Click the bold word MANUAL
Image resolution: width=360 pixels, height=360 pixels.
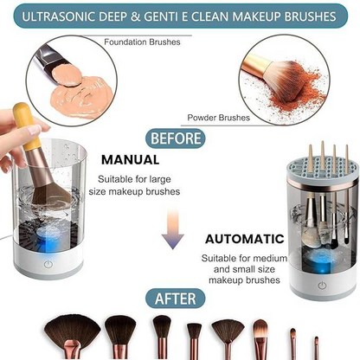(132, 159)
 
